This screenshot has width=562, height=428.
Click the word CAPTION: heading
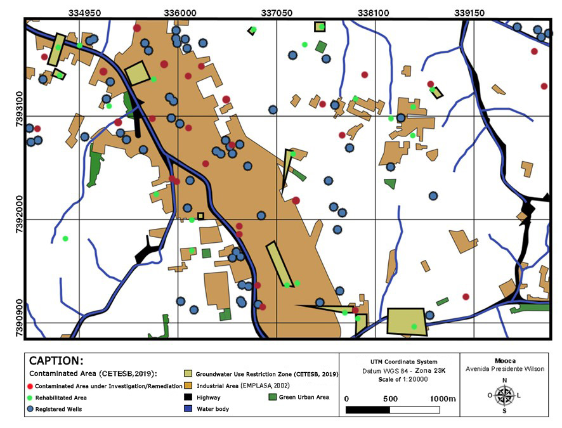click(56, 361)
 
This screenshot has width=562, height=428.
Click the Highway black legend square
click(188, 397)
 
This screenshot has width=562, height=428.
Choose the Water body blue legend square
click(188, 409)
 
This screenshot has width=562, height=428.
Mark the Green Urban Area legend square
click(273, 397)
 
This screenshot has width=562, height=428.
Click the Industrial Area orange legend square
click(188, 386)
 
